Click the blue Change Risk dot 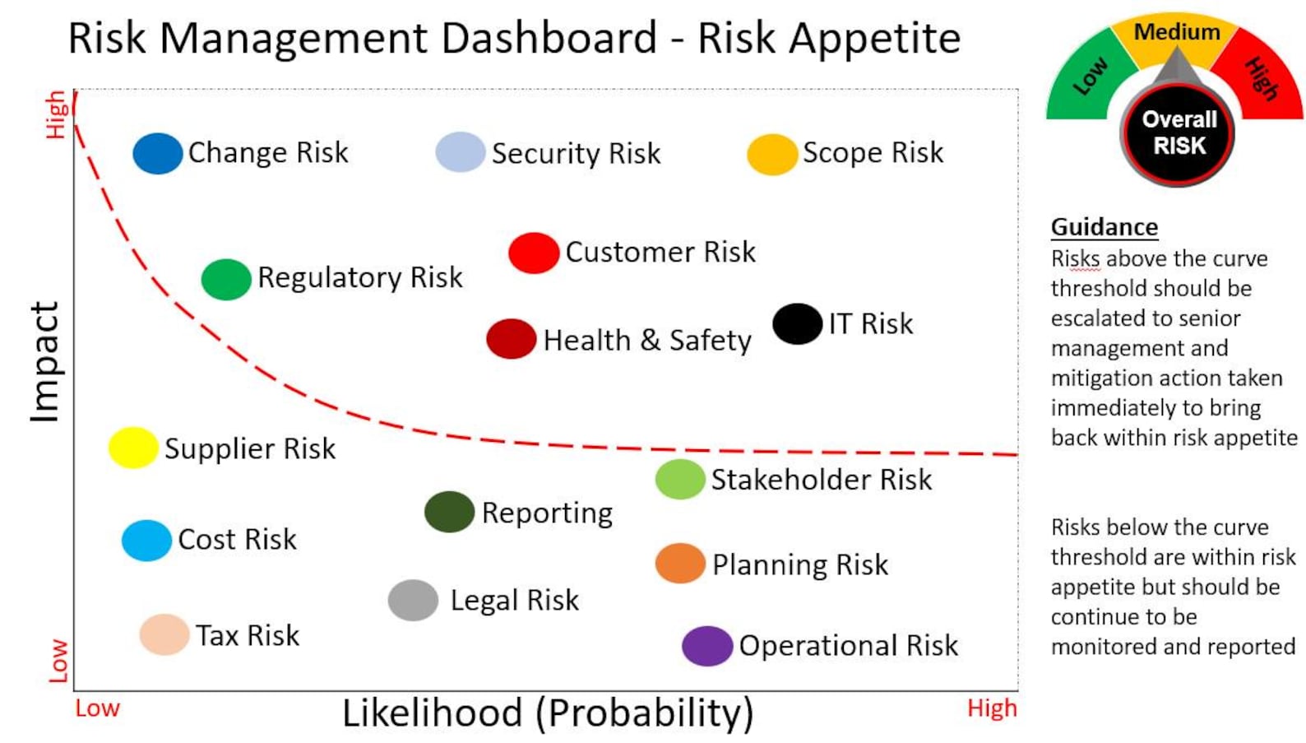tap(157, 153)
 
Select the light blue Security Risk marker tap(460, 152)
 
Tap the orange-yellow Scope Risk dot tap(771, 154)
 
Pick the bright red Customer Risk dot tap(534, 253)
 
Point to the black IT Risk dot tap(797, 323)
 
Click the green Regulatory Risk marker tap(226, 279)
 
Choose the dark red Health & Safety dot tap(511, 339)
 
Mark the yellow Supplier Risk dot tap(133, 448)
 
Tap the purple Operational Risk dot tap(707, 646)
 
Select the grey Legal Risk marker tap(413, 600)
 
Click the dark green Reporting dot tap(449, 512)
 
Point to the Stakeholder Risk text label tap(821, 480)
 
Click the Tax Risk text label tap(248, 635)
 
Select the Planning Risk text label tap(799, 565)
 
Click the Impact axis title tap(45, 362)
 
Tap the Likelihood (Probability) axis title tap(548, 713)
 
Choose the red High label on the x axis tap(992, 708)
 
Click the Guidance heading tap(1104, 227)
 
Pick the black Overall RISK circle tap(1179, 133)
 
